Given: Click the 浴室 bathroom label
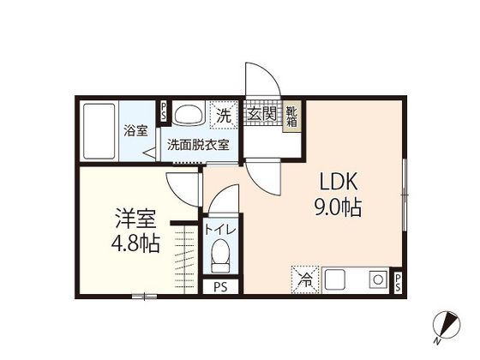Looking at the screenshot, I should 135,131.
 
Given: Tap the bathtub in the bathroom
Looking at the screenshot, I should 100,132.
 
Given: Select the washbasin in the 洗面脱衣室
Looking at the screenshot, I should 186,114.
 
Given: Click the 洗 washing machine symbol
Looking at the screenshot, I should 223,115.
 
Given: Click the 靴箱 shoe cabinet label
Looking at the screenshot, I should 292,116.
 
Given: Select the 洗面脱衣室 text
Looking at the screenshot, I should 198,145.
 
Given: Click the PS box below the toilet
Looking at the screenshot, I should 220,286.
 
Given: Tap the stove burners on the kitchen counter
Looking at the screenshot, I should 376,278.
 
